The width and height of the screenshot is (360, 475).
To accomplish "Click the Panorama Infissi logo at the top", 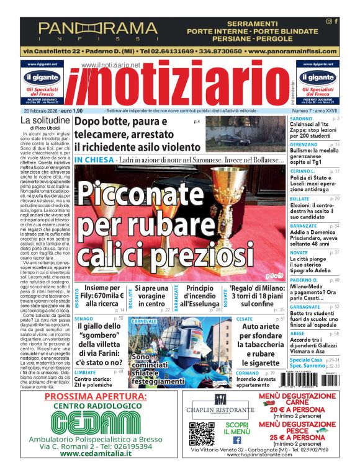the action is point(98,30).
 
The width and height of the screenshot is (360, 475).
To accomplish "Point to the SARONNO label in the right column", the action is point(301,118).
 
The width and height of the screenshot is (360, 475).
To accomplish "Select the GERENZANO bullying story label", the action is point(305,144).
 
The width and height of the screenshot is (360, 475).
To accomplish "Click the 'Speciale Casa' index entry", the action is point(306,360).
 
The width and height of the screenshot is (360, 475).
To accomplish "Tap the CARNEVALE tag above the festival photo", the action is point(144,321).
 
